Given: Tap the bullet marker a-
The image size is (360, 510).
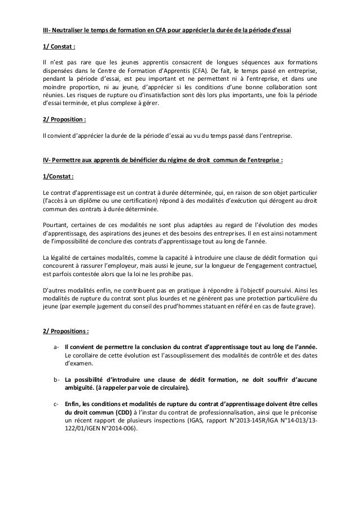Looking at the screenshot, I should pyautogui.click(x=56, y=347).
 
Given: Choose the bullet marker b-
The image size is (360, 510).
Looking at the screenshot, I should pyautogui.click(x=56, y=380).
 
